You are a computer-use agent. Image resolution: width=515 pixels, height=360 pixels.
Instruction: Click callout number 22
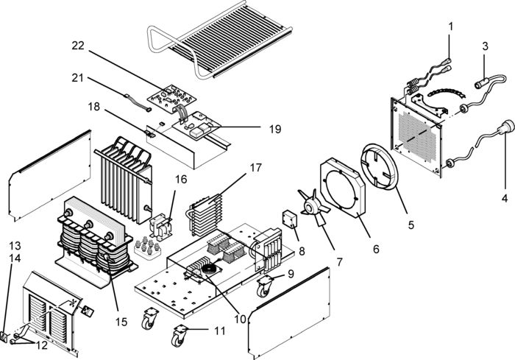pyautogui.click(x=78, y=46)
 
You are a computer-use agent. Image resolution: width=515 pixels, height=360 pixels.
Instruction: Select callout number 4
pyautogui.click(x=505, y=198)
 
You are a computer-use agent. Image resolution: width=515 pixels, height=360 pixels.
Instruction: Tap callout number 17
pyautogui.click(x=255, y=168)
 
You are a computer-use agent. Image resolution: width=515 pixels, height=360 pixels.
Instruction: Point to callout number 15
pyautogui.click(x=121, y=322)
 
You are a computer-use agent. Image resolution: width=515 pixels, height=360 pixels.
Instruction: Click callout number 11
pyautogui.click(x=220, y=331)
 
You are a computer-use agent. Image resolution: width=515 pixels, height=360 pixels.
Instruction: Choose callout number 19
pyautogui.click(x=275, y=130)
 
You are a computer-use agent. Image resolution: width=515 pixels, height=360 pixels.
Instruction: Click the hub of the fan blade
pyautogui.click(x=310, y=207)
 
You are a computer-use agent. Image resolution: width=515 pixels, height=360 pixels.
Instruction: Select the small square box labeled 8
pyautogui.click(x=290, y=219)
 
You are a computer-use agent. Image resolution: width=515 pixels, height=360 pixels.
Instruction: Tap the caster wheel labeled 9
pyautogui.click(x=265, y=286)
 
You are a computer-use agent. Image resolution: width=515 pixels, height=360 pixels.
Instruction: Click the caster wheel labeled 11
pyautogui.click(x=180, y=336)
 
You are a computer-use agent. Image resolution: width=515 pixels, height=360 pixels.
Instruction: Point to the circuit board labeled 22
pyautogui.click(x=171, y=99)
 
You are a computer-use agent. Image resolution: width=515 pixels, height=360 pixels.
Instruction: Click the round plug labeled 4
pyautogui.click(x=506, y=127)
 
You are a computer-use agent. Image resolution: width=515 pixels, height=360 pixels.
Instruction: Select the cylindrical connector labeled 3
pyautogui.click(x=482, y=83)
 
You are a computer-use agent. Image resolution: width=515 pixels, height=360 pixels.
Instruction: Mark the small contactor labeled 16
pyautogui.click(x=161, y=226)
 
